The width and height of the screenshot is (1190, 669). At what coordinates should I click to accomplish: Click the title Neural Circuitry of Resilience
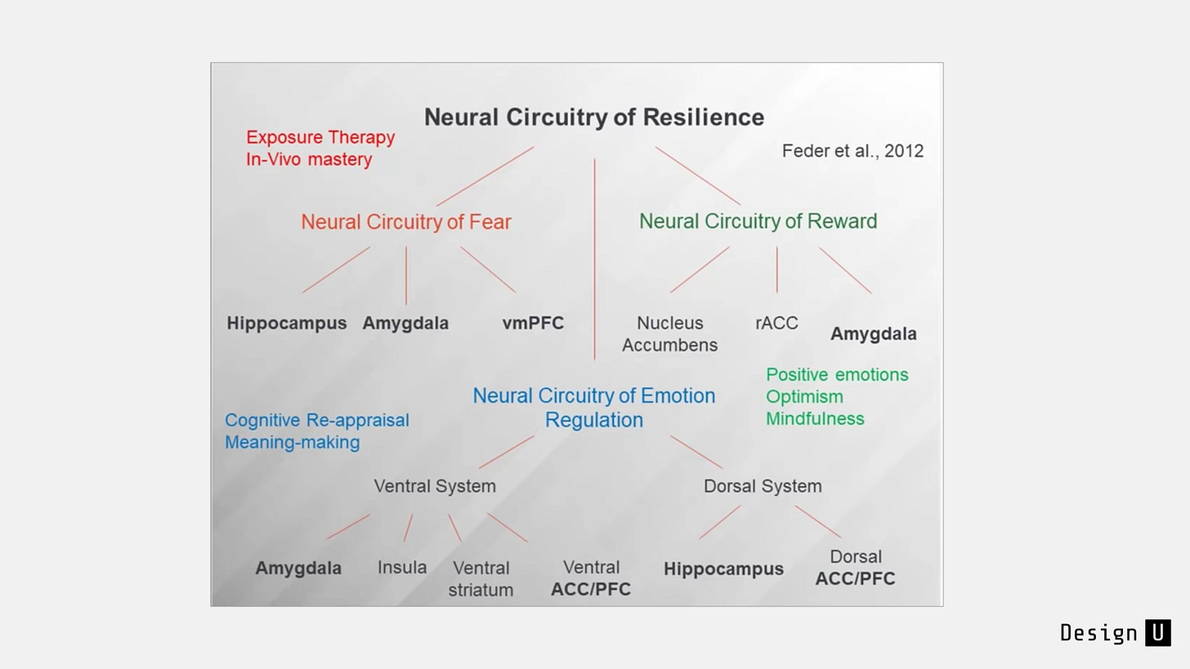594,118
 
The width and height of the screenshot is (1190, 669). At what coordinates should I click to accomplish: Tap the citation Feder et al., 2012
852,151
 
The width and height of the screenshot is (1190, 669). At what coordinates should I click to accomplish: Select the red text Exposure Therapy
320,137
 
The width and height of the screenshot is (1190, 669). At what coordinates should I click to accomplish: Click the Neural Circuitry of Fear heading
406,222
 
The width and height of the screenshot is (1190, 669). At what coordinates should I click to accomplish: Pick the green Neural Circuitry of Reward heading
758,221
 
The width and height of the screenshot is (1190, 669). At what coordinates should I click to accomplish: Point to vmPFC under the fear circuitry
533,323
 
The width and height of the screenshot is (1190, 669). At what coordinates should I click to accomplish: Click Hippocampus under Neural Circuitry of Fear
286,323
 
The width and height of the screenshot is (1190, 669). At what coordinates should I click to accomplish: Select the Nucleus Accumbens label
670,334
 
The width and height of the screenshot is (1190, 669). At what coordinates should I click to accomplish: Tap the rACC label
776,323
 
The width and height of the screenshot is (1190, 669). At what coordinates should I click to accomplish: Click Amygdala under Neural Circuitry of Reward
874,334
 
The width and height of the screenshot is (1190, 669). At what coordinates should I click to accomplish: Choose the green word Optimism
804,397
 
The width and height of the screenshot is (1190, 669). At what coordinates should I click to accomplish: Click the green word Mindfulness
815,419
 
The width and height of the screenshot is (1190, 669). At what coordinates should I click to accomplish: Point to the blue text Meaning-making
293,442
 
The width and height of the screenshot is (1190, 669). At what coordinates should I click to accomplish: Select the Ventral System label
435,486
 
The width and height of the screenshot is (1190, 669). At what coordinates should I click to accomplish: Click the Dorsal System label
763,486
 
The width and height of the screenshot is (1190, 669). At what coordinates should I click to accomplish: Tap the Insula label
402,568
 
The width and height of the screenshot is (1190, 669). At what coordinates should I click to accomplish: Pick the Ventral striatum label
481,578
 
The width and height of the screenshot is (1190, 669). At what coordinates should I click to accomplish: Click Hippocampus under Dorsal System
723,569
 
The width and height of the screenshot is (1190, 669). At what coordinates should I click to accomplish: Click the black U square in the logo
1158,633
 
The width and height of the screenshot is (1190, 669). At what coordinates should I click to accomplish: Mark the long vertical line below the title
594,259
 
